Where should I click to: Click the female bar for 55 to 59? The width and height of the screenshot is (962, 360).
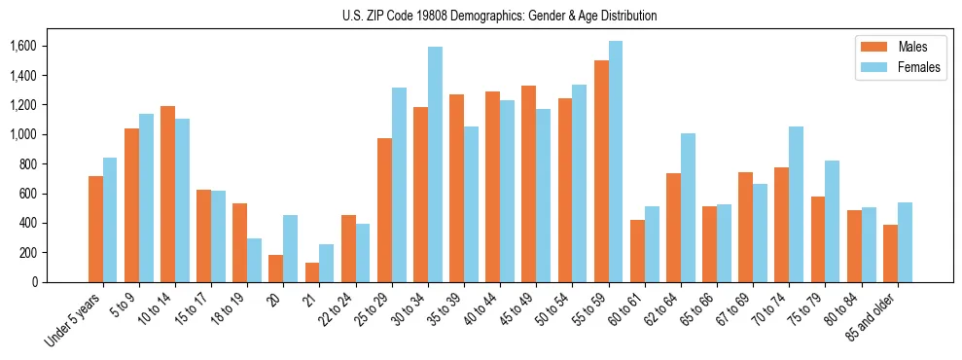point(616,162)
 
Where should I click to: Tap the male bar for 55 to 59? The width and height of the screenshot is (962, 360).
point(601,171)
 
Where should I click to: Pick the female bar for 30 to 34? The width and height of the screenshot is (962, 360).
point(435,164)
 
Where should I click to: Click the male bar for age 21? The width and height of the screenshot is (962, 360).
point(312,272)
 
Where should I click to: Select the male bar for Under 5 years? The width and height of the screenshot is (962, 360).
point(95,229)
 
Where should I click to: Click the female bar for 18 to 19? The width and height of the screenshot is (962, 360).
point(254,260)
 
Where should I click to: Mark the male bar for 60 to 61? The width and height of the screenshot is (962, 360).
point(637,251)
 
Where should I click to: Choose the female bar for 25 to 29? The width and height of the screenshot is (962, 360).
point(399,185)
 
